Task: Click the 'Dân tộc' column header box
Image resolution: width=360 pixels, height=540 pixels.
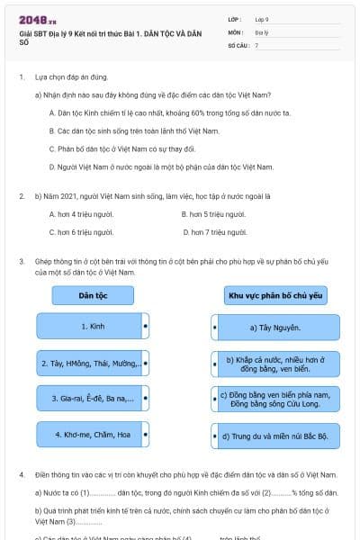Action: (93, 294)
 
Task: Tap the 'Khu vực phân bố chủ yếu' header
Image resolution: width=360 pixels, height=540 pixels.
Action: (276, 294)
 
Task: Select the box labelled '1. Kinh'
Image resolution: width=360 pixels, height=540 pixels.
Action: (93, 325)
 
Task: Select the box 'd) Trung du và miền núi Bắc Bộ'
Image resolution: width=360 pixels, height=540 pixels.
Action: (276, 436)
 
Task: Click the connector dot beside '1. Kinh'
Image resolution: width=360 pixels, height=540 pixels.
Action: (146, 325)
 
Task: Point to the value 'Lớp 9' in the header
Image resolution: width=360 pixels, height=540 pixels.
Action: (262, 18)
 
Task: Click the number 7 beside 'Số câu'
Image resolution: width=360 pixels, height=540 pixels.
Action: (256, 44)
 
